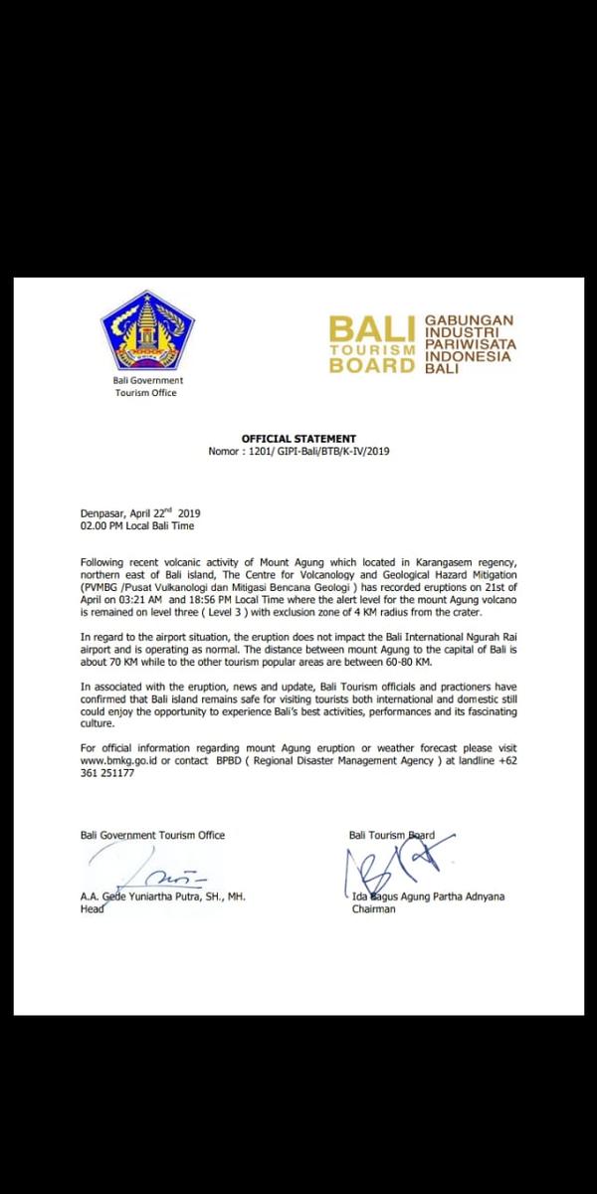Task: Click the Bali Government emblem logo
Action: pyautogui.click(x=147, y=330)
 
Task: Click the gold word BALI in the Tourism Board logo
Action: pyautogui.click(x=373, y=329)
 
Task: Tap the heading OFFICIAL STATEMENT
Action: pyautogui.click(x=298, y=439)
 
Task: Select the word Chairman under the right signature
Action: pyautogui.click(x=373, y=908)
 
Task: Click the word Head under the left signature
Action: pyautogui.click(x=92, y=908)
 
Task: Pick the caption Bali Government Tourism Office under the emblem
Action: pyautogui.click(x=146, y=386)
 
